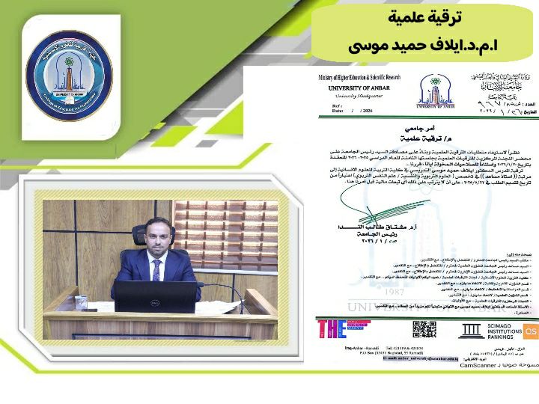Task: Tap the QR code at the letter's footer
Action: click(x=424, y=329)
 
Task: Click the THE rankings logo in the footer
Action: click(x=332, y=329)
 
